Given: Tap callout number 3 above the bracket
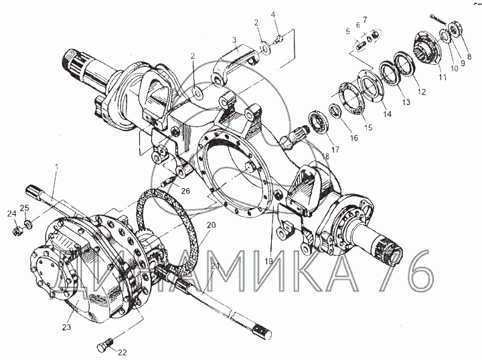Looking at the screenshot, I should click(x=234, y=41).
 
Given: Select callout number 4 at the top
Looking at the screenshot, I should click(x=272, y=15).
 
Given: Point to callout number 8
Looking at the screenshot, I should click(x=469, y=57).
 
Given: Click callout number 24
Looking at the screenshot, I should click(x=11, y=214).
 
